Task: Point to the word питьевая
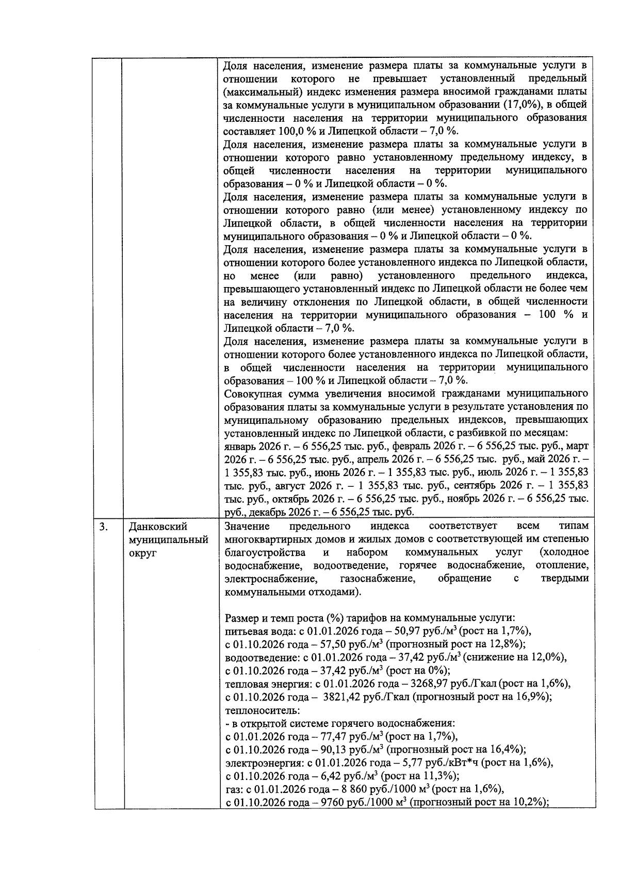(245, 631)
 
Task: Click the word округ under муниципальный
(142, 553)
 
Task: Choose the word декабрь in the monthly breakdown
(270, 512)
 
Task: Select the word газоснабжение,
(378, 579)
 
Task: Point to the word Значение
(247, 526)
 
